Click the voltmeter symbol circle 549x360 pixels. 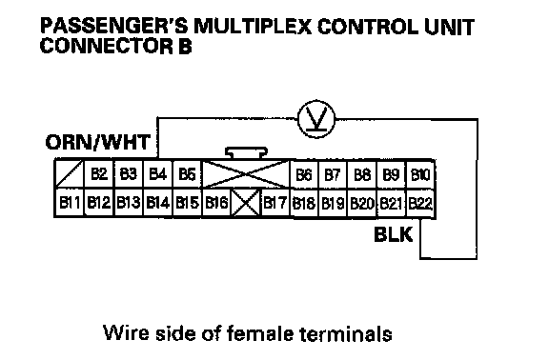point(316,119)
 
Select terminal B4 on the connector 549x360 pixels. point(157,174)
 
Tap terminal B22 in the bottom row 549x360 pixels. point(420,203)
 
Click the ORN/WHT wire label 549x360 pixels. point(98,143)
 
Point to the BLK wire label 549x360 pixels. point(394,234)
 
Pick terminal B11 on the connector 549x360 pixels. point(70,203)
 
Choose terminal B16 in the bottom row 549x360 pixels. point(216,203)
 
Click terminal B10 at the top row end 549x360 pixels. point(420,174)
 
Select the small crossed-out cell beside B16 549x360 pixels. point(246,203)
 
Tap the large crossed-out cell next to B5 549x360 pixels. point(246,174)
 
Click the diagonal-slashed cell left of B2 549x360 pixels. point(70,174)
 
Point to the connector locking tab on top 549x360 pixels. point(246,153)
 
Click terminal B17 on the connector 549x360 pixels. point(275,203)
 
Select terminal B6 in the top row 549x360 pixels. point(304,174)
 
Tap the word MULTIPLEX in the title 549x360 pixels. point(253,27)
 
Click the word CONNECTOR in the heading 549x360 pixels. point(107,46)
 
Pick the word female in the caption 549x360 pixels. point(260,333)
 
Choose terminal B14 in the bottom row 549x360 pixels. point(157,203)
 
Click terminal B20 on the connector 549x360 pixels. point(362,203)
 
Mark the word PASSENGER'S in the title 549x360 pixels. point(114,27)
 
